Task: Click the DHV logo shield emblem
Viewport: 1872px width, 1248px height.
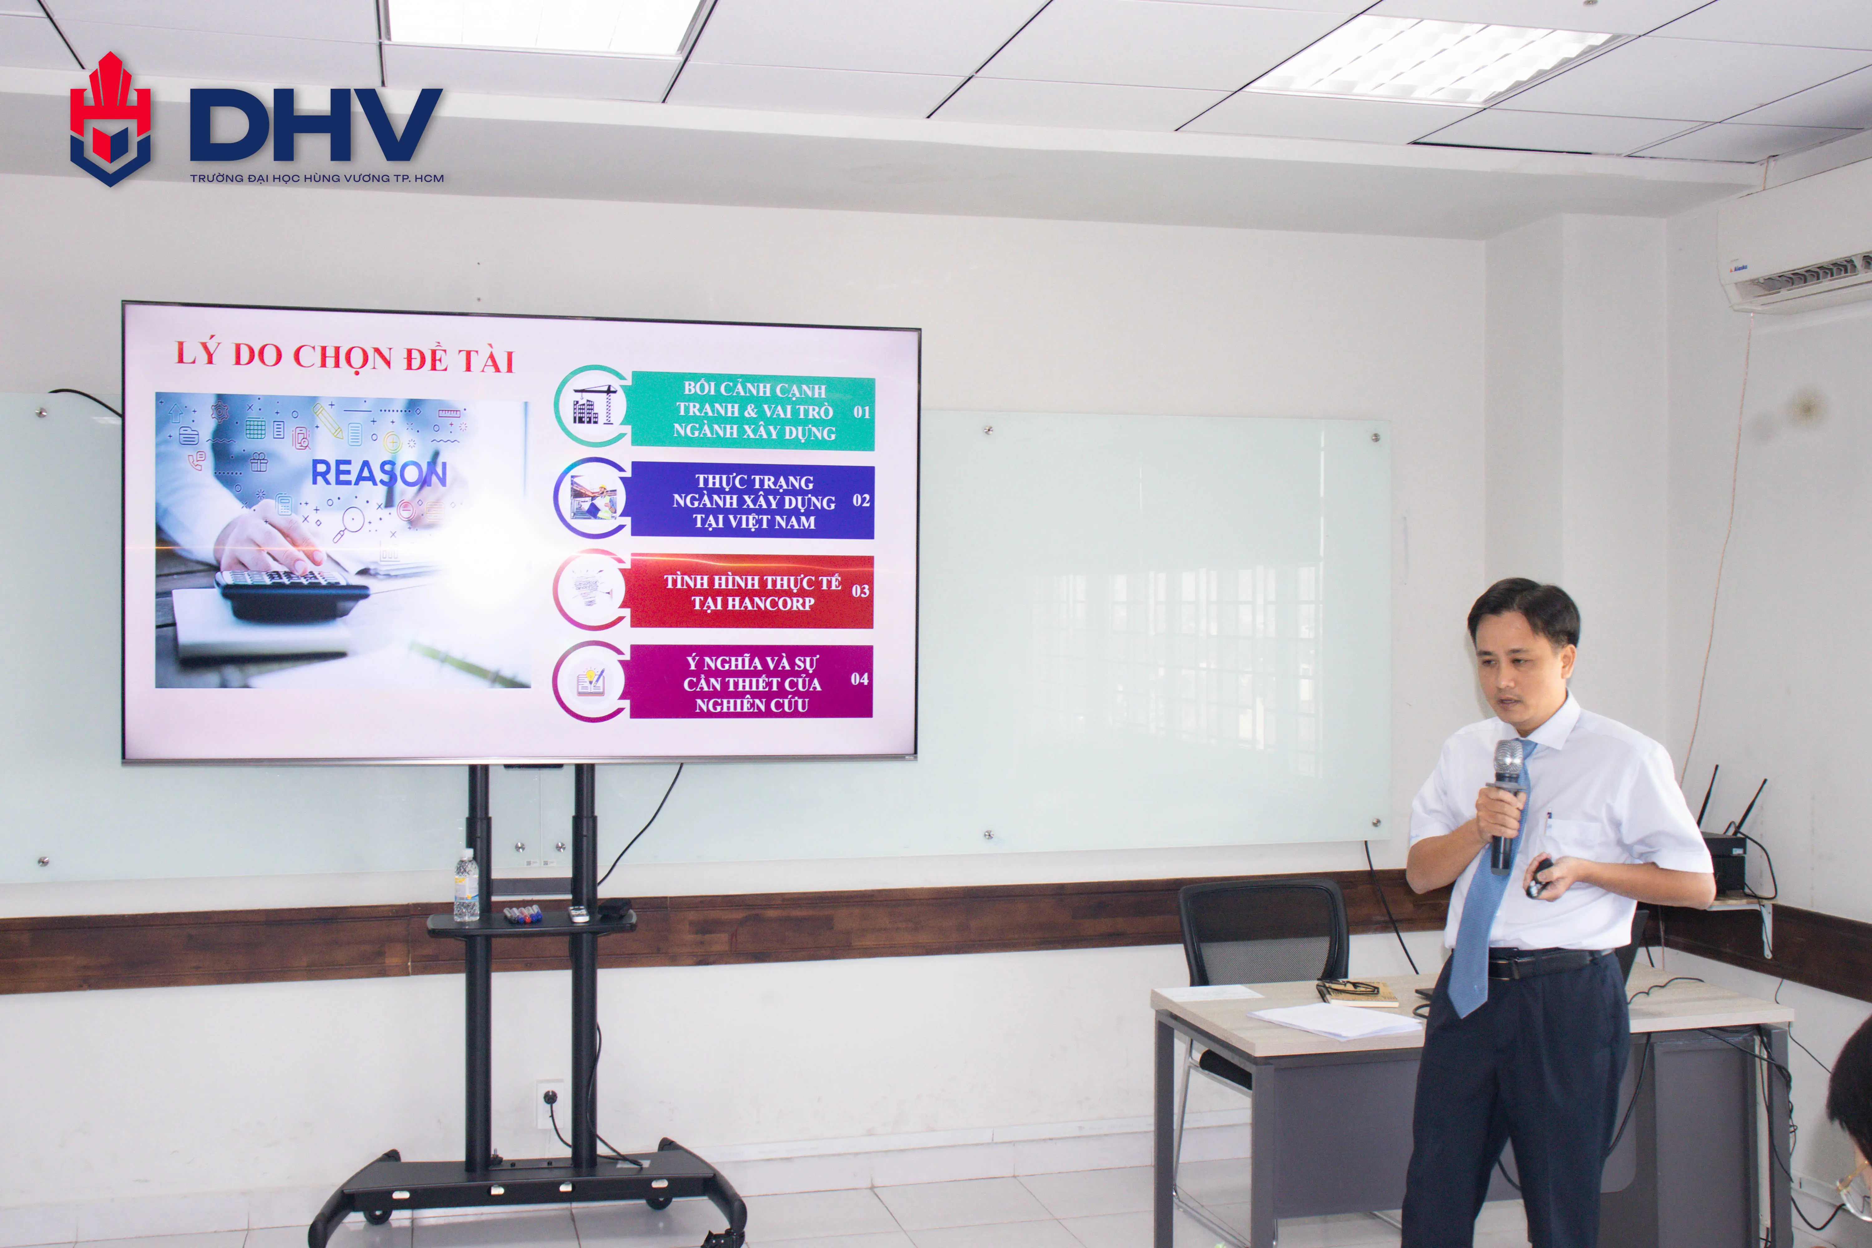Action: pyautogui.click(x=110, y=119)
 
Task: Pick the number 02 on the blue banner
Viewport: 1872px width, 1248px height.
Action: pyautogui.click(x=860, y=501)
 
